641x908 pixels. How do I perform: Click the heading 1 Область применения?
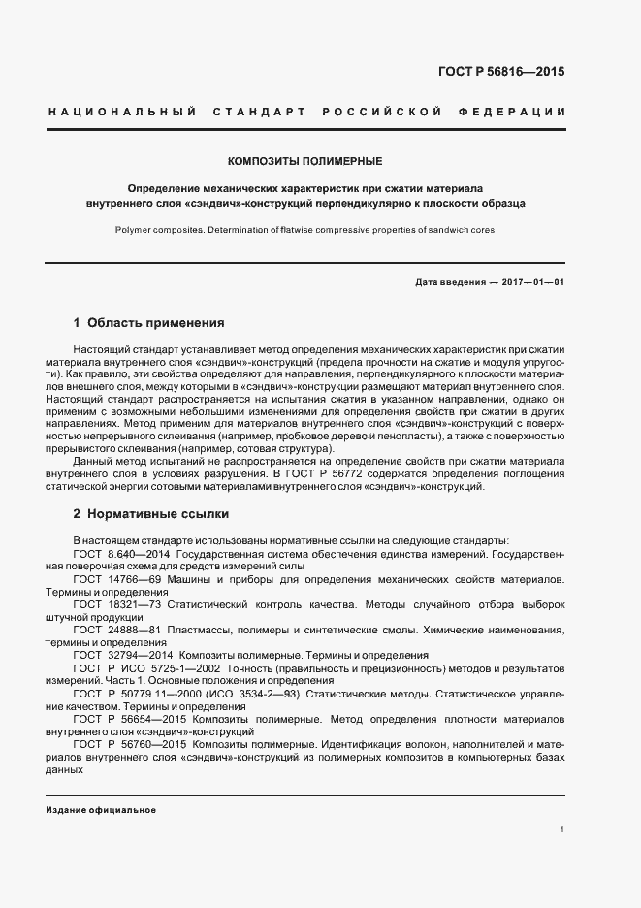coord(148,322)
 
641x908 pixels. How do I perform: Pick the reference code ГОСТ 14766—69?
coord(112,578)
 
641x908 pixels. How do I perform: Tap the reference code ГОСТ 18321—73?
coord(113,603)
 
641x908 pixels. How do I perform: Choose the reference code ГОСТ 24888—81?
coord(113,630)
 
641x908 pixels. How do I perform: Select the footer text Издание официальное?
coord(101,810)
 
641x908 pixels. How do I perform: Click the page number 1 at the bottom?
coord(562,829)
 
